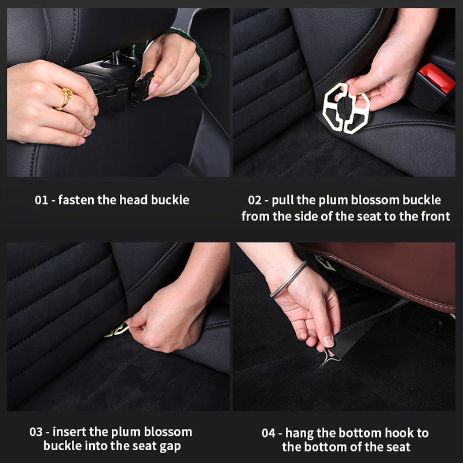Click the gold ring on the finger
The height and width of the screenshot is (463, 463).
click(x=65, y=98)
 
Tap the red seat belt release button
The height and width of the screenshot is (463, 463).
click(x=437, y=78)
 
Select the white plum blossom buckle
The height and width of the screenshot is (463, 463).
click(x=346, y=108)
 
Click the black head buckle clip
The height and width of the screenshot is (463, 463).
click(x=141, y=87)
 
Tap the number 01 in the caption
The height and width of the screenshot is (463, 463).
click(x=41, y=201)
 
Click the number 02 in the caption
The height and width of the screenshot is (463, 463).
click(x=255, y=201)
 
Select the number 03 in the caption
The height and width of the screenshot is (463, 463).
click(x=37, y=432)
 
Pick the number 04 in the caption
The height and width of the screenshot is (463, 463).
click(x=269, y=433)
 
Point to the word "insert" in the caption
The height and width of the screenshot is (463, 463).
click(x=71, y=432)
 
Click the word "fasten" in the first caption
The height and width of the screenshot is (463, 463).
click(x=78, y=201)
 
